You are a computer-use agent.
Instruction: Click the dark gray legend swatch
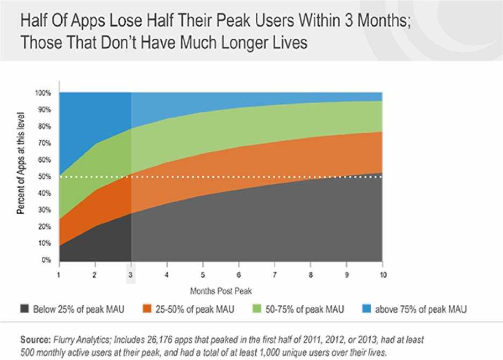[x=25, y=309]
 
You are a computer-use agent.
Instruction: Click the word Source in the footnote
[x=35, y=340]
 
